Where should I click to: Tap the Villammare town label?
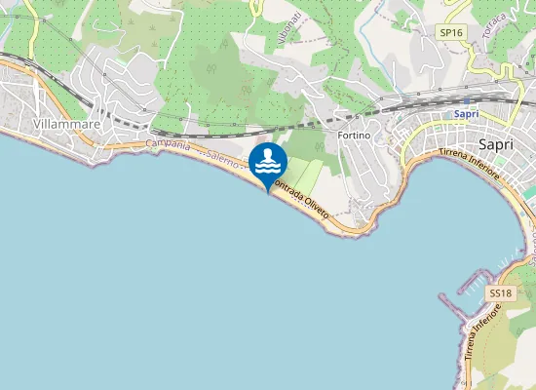pos(39,125)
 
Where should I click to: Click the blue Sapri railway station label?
pos(466,114)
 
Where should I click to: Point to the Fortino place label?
pos(355,135)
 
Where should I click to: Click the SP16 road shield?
pos(450,32)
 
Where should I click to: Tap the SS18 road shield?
pos(500,292)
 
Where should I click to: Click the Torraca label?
pos(496,20)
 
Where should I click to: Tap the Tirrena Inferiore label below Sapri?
pos(469,164)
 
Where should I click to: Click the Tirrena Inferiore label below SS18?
pos(484,331)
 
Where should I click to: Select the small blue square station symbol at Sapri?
pos(466,100)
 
